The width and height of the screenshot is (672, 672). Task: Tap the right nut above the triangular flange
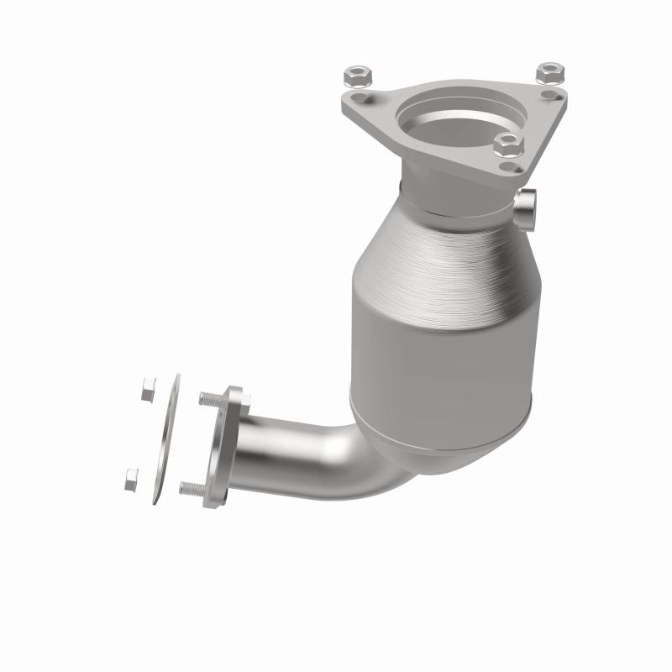pos(549,73)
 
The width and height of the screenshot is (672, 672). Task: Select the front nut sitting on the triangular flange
pos(508,144)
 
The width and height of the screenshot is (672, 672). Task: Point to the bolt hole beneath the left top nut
pos(360,100)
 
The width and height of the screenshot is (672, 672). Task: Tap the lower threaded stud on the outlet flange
pos(192,487)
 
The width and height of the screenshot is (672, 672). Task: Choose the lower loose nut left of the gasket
pos(132,480)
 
